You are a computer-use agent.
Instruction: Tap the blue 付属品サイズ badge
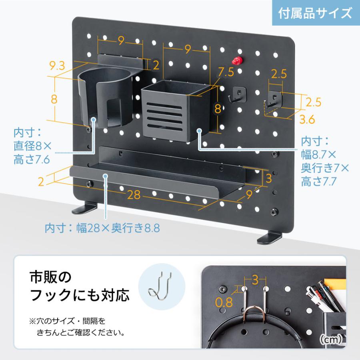[315, 13]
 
